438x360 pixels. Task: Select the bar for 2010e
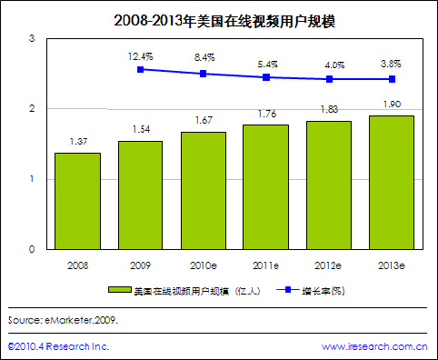[204, 190]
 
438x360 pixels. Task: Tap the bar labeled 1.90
[392, 182]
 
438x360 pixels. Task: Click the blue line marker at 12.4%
[141, 69]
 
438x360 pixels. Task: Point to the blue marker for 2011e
[266, 77]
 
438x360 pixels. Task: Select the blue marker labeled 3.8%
[392, 79]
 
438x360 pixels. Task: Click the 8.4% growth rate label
[204, 57]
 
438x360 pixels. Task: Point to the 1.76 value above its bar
[266, 115]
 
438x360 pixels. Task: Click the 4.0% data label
[329, 65]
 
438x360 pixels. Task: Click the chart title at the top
[219, 18]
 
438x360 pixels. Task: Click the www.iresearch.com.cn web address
[375, 346]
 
